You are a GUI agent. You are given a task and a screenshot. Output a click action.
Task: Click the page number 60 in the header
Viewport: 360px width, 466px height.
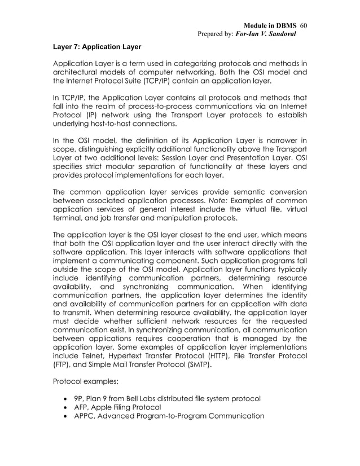click(302, 27)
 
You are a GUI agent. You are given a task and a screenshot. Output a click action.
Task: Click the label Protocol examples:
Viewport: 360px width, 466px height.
click(85, 382)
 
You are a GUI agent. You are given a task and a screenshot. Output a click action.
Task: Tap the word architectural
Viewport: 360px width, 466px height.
click(81, 72)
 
